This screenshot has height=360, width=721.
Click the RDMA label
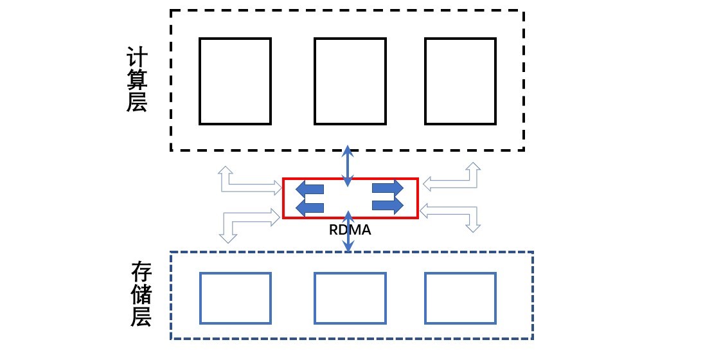(350, 230)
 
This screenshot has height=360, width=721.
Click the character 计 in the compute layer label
(137, 59)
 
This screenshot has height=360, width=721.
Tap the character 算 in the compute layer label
(137, 80)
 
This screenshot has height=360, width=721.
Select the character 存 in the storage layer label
(141, 273)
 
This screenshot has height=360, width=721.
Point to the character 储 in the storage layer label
(141, 294)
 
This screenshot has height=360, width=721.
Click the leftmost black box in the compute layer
(199, 81)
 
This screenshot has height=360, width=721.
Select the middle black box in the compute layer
(314, 81)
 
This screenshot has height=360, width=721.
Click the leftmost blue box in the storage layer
(200, 298)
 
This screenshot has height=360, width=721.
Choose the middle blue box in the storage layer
(314, 298)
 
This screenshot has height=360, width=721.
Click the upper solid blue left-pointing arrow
(310, 189)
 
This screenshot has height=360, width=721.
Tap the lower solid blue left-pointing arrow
(310, 206)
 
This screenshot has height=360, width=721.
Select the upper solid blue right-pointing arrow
(387, 188)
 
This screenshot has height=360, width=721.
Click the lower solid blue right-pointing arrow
(387, 205)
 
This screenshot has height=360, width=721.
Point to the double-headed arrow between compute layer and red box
(348, 166)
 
